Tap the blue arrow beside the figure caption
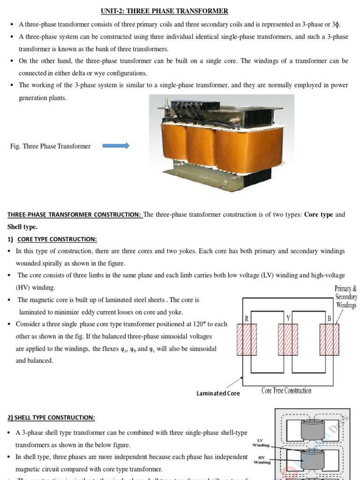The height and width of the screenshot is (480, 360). pos(115,146)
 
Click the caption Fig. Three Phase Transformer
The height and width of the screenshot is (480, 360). pos(50,146)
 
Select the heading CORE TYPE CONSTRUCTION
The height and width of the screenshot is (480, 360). pos(57,239)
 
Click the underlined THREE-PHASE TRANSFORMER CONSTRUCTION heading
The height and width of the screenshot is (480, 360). pos(75,215)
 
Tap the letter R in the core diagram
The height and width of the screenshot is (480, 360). pos(246,319)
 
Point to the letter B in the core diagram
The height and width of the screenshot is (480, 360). pos(329,319)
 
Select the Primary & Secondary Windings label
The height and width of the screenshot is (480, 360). pos(346,297)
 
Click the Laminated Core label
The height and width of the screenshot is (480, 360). pos(218,393)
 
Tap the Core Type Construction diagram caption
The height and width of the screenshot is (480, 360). pos(286,390)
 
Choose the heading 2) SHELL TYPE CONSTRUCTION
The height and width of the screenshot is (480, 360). pos(51,417)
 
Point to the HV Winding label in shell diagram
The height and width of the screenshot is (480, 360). pos(262,460)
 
